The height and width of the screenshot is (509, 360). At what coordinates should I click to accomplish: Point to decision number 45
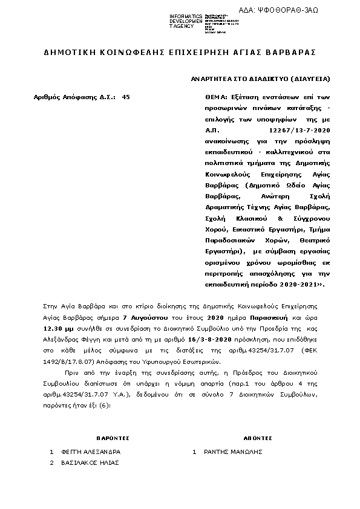point(126,96)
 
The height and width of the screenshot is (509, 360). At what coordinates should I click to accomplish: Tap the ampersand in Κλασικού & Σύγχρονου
point(280,218)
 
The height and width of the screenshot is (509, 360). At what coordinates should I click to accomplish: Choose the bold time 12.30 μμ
point(57,328)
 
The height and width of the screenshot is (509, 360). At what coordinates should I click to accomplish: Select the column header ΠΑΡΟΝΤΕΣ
point(112,438)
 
